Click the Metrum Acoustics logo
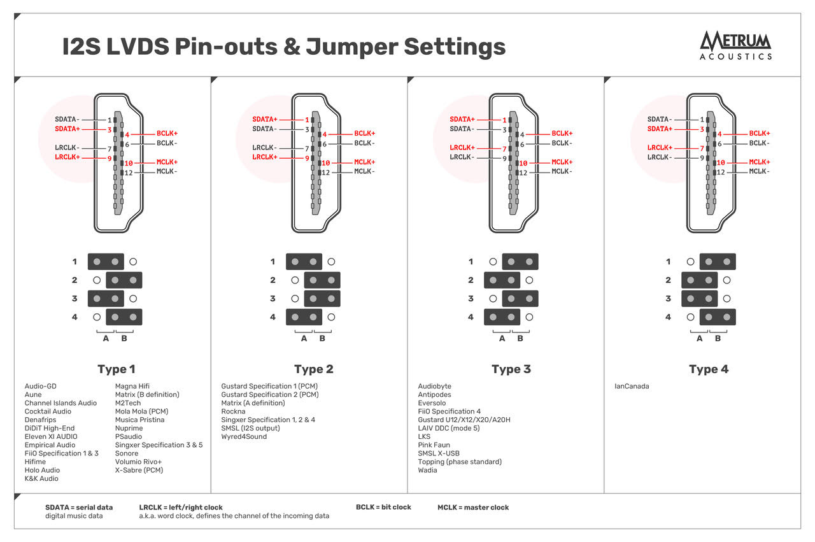click(x=735, y=45)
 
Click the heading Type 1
click(x=117, y=369)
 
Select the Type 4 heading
click(x=709, y=369)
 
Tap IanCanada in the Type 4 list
click(x=632, y=387)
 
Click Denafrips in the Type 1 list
click(x=40, y=420)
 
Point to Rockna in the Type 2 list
click(x=233, y=411)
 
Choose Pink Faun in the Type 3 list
click(x=434, y=445)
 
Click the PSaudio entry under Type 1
click(x=129, y=437)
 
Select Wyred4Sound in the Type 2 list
click(x=244, y=437)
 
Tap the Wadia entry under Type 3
click(x=427, y=470)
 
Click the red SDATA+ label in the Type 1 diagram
click(x=68, y=129)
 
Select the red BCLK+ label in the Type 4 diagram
click(x=759, y=134)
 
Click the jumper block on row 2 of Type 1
click(x=124, y=280)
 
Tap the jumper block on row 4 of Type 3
click(x=502, y=317)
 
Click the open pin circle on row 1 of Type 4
click(x=690, y=262)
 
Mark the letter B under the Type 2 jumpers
click(x=322, y=339)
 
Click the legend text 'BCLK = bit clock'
click(x=383, y=508)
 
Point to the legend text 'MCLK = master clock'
click(x=473, y=508)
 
